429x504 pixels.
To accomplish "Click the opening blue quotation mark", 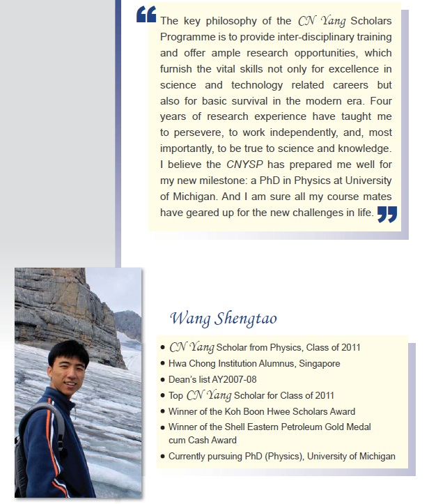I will (146, 15).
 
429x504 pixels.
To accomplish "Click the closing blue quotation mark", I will (387, 213).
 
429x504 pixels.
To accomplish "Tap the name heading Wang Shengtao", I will (223, 319).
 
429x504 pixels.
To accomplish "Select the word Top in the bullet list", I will (176, 395).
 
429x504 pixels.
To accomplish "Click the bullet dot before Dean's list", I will (162, 380).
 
